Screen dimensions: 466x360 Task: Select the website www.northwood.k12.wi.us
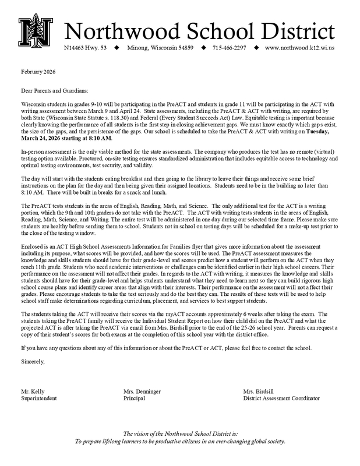(300, 48)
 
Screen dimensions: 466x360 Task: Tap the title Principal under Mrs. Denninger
(135, 400)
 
